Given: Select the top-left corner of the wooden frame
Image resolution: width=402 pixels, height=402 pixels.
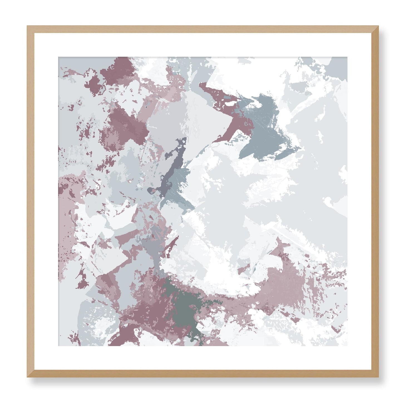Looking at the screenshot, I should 27,26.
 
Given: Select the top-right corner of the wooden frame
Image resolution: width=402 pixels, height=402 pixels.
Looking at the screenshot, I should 378,26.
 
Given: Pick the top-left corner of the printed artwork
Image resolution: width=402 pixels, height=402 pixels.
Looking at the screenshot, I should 58,57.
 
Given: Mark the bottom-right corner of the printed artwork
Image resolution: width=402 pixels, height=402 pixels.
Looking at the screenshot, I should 347,346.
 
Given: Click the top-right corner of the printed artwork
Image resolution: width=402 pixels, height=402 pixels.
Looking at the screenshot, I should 347,57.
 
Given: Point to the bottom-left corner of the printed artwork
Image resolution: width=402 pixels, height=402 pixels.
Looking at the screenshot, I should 58,346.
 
